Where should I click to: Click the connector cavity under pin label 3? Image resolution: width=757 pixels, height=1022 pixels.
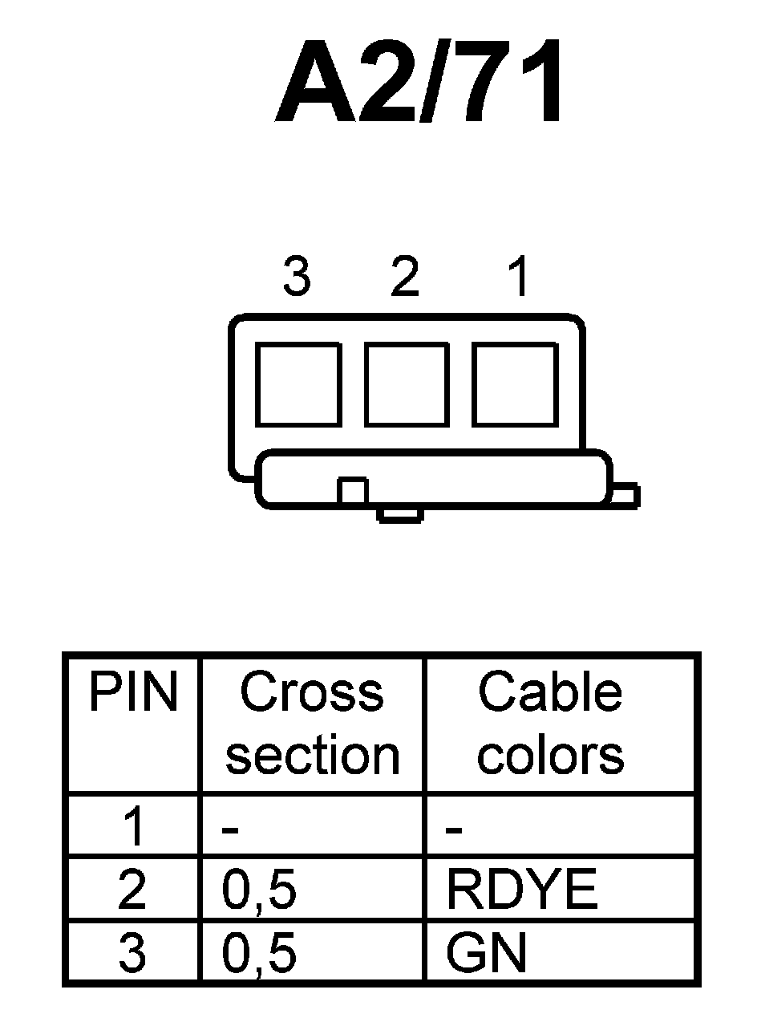(298, 384)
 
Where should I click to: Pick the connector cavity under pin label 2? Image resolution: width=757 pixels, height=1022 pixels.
(406, 384)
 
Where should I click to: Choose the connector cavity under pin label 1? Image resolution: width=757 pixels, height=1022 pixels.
(514, 384)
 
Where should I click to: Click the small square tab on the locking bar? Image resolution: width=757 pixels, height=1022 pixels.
(352, 490)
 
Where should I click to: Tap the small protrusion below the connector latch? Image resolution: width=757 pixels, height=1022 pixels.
(399, 514)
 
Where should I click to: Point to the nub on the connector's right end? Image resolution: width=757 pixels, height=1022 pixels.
(625, 495)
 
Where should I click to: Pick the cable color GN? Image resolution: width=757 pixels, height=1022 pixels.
(487, 954)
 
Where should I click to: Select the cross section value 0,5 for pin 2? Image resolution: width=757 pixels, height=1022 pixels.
(259, 890)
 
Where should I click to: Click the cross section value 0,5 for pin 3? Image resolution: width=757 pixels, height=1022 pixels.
(259, 955)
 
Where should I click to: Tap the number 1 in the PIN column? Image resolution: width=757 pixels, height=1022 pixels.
(133, 827)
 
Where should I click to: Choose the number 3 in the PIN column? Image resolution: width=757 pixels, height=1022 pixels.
(133, 954)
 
